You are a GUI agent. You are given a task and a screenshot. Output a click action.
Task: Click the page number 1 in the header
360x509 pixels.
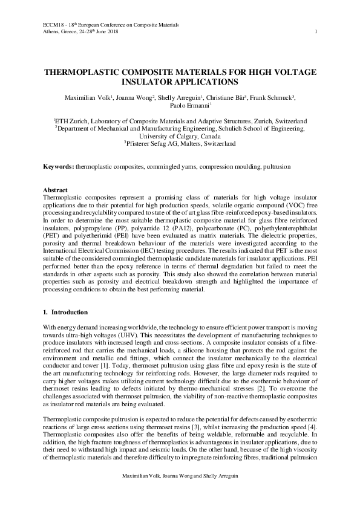[316, 31]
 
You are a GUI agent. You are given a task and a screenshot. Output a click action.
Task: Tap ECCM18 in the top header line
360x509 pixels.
[53, 24]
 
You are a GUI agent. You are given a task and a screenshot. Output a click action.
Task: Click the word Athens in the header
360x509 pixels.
[51, 31]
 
